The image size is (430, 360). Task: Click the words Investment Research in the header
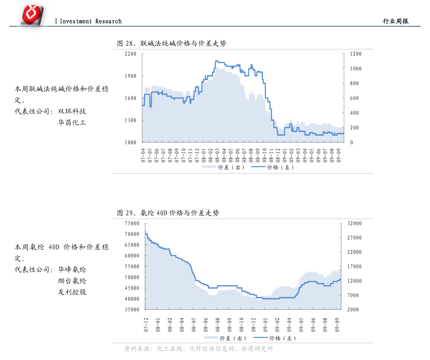click(x=91, y=22)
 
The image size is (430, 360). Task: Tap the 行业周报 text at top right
click(x=396, y=22)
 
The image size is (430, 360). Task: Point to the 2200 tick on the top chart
click(x=130, y=54)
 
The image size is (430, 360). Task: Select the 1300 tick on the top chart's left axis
click(x=130, y=120)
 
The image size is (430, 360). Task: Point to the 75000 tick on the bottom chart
click(x=132, y=224)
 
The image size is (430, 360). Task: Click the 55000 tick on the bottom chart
click(x=132, y=267)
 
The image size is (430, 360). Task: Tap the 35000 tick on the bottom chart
click(x=132, y=310)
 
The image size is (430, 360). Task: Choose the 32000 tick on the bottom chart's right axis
click(x=354, y=224)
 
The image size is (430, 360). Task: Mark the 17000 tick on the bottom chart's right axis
click(x=354, y=267)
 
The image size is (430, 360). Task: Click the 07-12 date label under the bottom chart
click(x=146, y=325)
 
